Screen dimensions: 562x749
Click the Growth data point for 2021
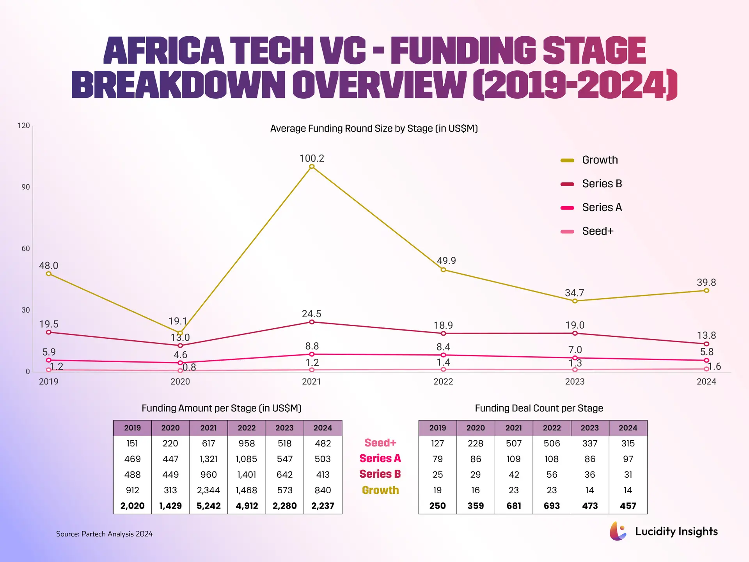[x=312, y=167]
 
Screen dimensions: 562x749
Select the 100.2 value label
[x=312, y=158]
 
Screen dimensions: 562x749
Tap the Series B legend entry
[x=591, y=184]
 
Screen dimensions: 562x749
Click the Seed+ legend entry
[x=587, y=231]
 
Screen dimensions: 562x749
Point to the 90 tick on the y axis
[x=26, y=187]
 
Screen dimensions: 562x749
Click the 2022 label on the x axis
[x=443, y=382]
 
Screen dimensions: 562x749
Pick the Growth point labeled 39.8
[x=706, y=290]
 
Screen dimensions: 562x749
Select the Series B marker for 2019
[x=49, y=333]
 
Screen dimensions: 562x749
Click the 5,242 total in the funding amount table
[x=208, y=506]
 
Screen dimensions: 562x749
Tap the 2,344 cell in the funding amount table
[x=208, y=490]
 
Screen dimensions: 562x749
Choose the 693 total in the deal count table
[x=552, y=506]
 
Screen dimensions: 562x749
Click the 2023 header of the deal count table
[x=589, y=428]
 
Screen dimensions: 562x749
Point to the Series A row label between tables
[x=380, y=459]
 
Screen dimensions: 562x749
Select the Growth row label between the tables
[x=380, y=490]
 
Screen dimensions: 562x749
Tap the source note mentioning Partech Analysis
[x=104, y=534]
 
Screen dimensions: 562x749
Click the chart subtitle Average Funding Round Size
[x=374, y=129]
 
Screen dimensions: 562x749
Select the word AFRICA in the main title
[x=164, y=51]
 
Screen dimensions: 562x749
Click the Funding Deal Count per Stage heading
[x=539, y=408]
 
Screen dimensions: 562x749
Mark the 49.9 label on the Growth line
[x=446, y=261]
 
